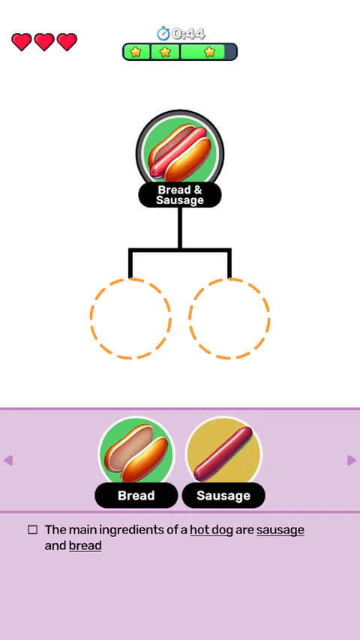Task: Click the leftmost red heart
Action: [22, 42]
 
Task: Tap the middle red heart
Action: [44, 42]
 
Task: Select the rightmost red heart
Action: [67, 42]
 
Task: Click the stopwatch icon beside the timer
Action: [163, 34]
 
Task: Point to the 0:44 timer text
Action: [188, 34]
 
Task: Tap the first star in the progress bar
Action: [136, 52]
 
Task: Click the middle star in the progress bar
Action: [165, 52]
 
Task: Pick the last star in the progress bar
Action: [209, 52]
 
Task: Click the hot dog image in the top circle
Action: [179, 152]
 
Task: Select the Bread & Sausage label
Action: [180, 195]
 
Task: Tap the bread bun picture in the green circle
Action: [136, 453]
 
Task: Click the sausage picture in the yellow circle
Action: [223, 453]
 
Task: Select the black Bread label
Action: [136, 495]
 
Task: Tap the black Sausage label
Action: [223, 495]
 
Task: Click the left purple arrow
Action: [8, 461]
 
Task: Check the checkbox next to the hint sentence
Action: [33, 530]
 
